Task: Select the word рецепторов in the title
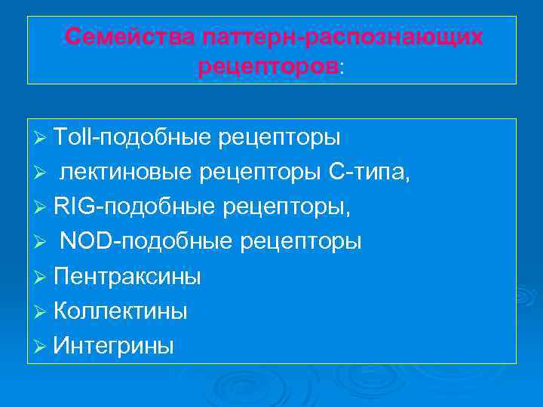pyautogui.click(x=268, y=67)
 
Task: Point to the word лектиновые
pyautogui.click(x=125, y=173)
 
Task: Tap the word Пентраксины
pyautogui.click(x=127, y=277)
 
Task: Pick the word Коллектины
pyautogui.click(x=121, y=311)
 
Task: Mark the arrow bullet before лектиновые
pyautogui.click(x=41, y=174)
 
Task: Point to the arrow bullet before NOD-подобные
pyautogui.click(x=41, y=243)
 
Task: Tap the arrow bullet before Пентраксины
pyautogui.click(x=41, y=277)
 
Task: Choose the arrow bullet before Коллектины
pyautogui.click(x=41, y=312)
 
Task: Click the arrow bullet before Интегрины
pyautogui.click(x=41, y=347)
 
